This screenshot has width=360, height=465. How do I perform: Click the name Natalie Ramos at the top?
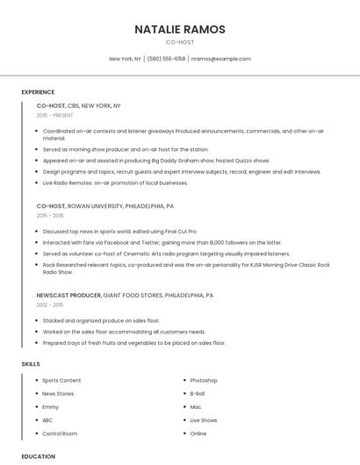[x=180, y=29]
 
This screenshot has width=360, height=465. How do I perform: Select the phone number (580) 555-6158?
[x=167, y=59]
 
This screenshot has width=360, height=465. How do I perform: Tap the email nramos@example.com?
[x=221, y=59]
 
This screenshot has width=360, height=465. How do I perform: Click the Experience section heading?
[x=38, y=92]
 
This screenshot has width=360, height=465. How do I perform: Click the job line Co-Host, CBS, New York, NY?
[x=79, y=105]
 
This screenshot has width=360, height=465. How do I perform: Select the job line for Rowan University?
[x=105, y=205]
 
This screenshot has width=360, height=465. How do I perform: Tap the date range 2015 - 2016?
[x=50, y=215]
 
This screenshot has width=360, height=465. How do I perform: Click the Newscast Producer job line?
[x=125, y=296]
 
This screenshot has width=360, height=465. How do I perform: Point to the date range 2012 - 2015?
[x=50, y=305]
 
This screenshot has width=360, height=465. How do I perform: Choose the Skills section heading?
[x=31, y=363]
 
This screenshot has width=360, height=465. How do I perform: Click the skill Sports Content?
[x=61, y=380]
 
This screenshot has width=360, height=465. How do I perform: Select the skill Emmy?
[x=51, y=407]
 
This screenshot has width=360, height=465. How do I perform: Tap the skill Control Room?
[x=60, y=433]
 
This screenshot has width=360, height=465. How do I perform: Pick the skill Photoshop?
[x=204, y=380]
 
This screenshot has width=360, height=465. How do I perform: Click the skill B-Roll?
[x=198, y=394]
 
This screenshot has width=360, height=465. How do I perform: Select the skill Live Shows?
[x=204, y=420]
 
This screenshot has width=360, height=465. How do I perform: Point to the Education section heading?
[x=38, y=456]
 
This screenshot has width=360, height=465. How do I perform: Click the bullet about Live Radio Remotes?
[x=115, y=182]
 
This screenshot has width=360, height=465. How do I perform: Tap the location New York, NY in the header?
[x=126, y=59]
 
